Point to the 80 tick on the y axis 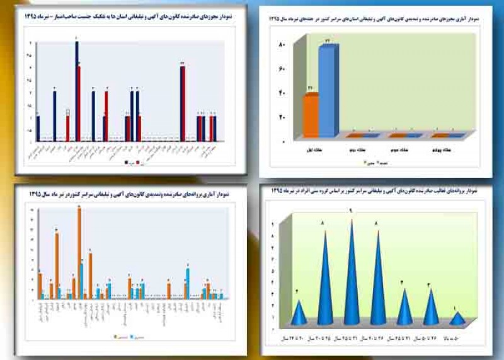282,45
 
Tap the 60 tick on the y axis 282,69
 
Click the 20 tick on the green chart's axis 282,118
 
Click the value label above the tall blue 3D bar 328,41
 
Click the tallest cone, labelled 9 351,271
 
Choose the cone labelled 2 300,313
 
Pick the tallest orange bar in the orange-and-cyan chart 79,252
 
